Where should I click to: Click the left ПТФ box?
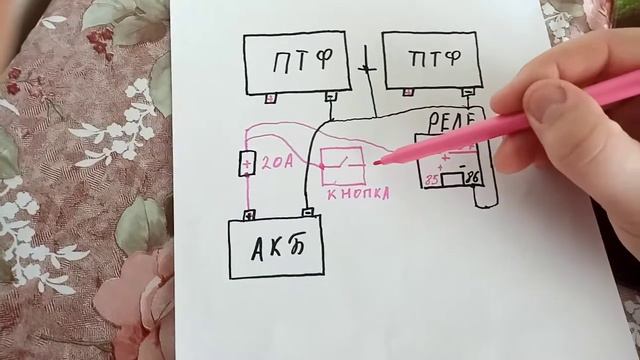[296, 63]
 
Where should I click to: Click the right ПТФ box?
[431, 60]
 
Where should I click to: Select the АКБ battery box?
[277, 248]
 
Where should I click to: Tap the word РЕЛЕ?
[449, 122]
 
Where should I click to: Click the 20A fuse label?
[279, 162]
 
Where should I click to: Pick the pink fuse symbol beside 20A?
[247, 162]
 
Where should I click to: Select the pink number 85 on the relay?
[432, 181]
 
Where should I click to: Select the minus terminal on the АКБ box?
[309, 212]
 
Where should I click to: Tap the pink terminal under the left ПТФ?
[270, 98]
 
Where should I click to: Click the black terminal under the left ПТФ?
[331, 97]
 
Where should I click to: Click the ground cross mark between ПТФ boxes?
[365, 72]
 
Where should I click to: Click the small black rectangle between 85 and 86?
[453, 180]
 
